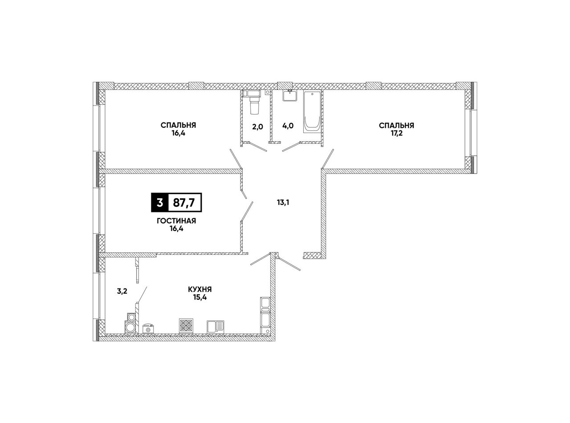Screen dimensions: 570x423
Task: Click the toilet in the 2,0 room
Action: click(x=254, y=102)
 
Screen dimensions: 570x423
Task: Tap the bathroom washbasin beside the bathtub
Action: click(x=290, y=95)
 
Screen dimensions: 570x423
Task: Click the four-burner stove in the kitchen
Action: click(x=186, y=326)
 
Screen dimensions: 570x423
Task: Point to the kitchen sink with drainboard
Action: click(x=216, y=327)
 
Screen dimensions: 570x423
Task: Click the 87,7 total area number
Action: click(x=184, y=203)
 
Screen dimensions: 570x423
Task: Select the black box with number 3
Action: click(x=159, y=203)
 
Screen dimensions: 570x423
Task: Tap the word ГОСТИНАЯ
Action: click(x=176, y=221)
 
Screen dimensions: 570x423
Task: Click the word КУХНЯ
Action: click(x=200, y=289)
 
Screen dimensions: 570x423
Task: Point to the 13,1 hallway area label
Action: click(x=283, y=203)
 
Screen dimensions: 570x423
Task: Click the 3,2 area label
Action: click(x=122, y=291)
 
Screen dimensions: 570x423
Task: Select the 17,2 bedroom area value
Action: click(x=396, y=134)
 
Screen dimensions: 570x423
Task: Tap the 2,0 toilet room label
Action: click(x=257, y=126)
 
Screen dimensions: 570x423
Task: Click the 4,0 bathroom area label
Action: click(x=288, y=126)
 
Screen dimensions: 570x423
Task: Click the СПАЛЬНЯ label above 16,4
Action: click(x=179, y=125)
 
